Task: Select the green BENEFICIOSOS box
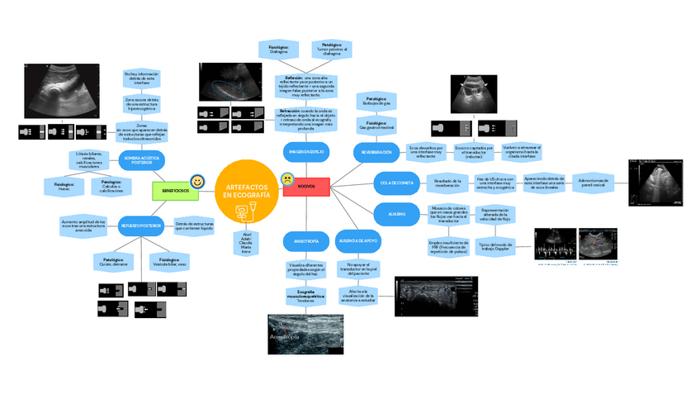(175, 191)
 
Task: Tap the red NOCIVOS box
(305, 187)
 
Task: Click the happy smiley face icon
(197, 181)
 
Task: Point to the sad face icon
(286, 178)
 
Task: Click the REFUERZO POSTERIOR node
(141, 225)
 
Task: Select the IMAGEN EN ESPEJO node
(306, 153)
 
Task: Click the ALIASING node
(397, 215)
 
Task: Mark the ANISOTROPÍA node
(300, 240)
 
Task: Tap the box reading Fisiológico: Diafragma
(278, 50)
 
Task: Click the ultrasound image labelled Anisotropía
(305, 334)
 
